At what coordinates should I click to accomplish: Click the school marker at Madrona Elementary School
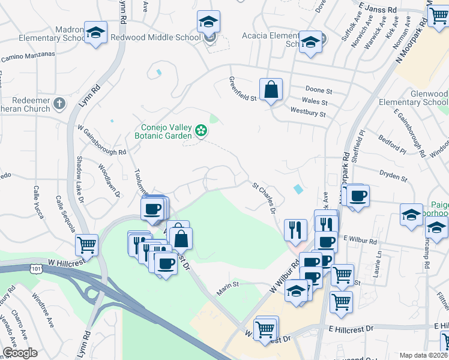point(95,32)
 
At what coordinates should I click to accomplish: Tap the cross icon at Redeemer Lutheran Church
point(59,104)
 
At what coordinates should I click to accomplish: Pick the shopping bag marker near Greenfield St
point(271,90)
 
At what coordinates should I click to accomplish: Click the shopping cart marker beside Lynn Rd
point(87,245)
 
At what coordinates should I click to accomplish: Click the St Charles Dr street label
point(264,199)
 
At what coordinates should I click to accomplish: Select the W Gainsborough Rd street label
point(101,140)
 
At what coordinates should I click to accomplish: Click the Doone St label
point(319,90)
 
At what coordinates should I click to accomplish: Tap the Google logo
point(20,353)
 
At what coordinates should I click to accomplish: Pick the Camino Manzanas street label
point(28,57)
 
